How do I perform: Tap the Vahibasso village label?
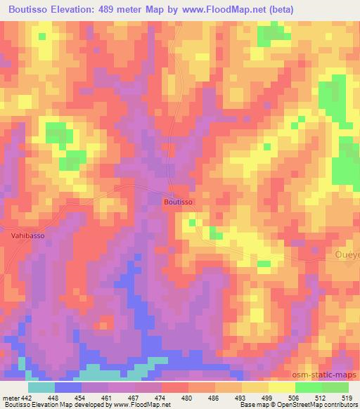28,235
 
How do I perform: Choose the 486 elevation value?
215,397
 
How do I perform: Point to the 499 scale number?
269,397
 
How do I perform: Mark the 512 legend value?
322,397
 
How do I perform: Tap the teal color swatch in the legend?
41,387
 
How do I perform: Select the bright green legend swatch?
309,387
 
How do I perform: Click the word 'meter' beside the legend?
10,397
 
